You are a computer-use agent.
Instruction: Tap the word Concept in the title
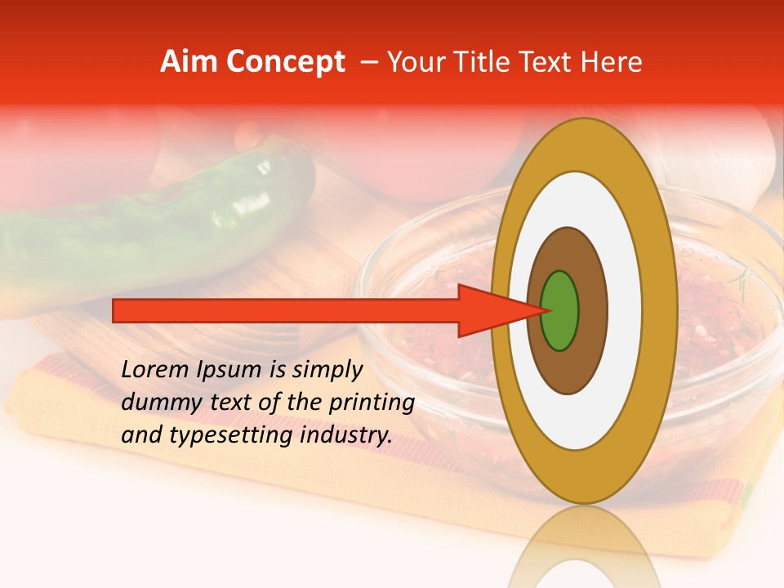click(x=286, y=62)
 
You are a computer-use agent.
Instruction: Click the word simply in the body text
click(x=327, y=371)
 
